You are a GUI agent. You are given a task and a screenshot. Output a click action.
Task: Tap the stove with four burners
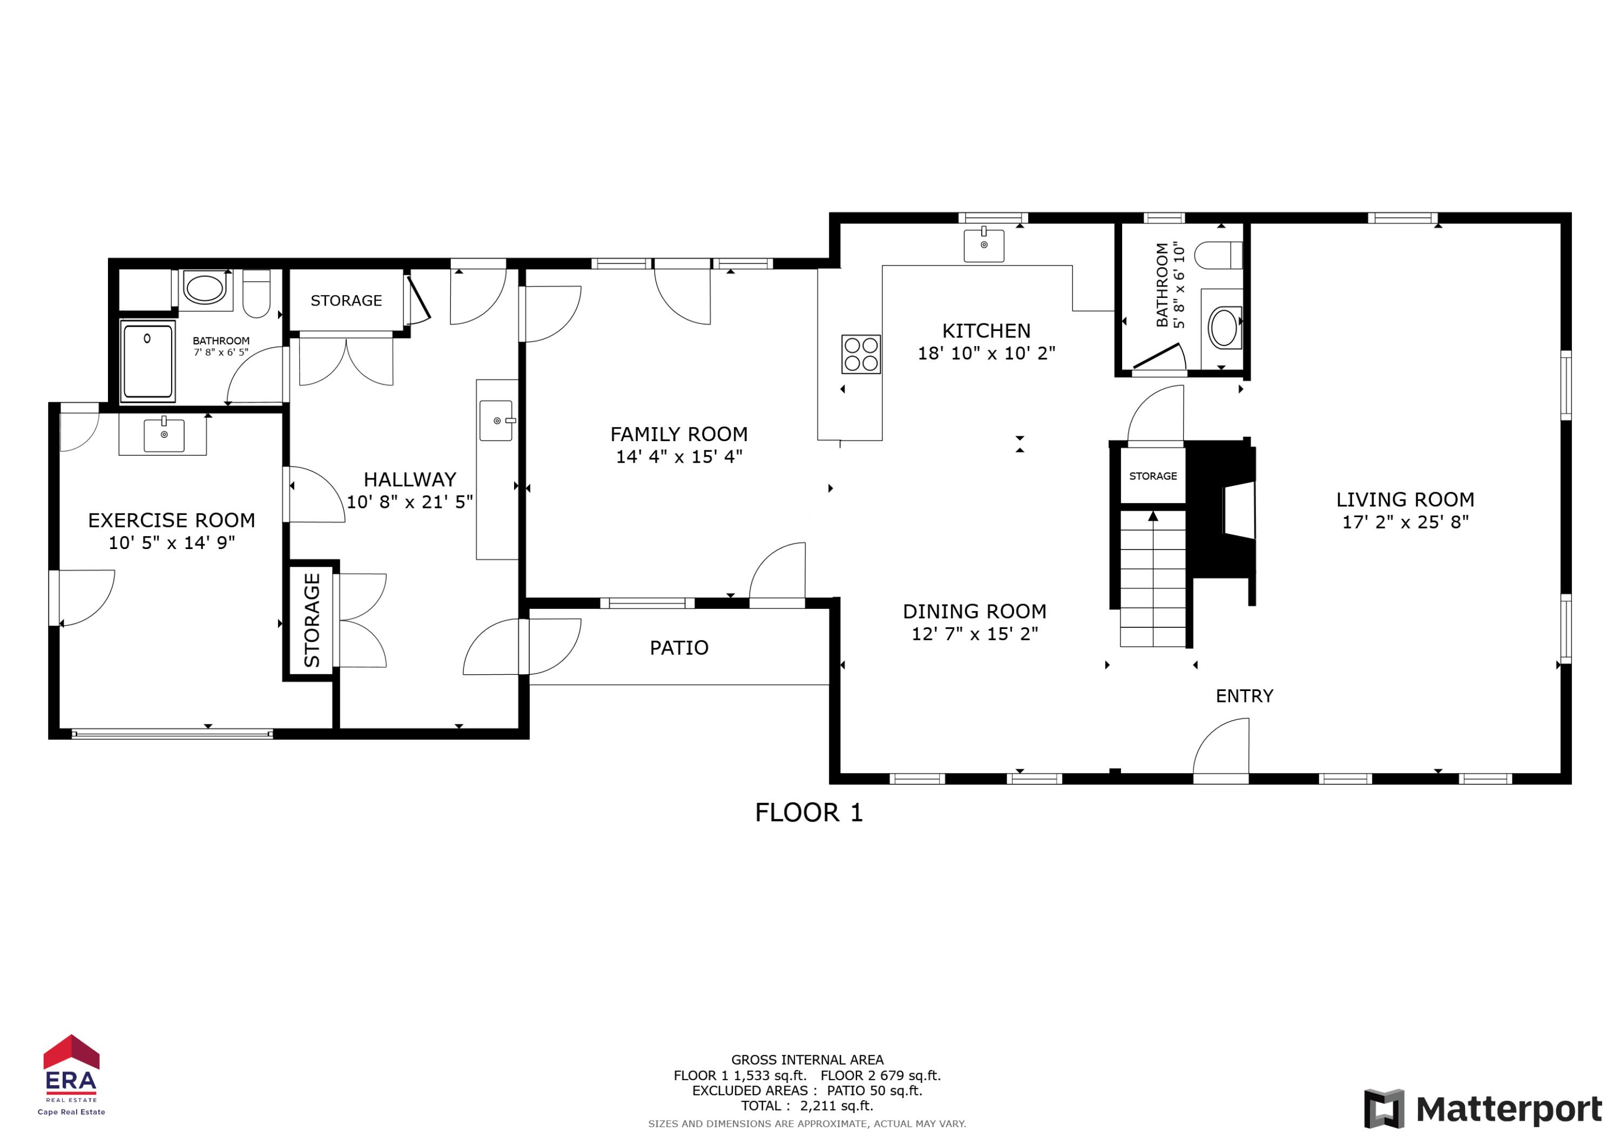tap(861, 354)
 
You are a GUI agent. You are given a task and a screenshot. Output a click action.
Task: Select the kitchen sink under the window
tap(983, 245)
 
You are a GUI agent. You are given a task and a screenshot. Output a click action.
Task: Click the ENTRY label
tap(1244, 696)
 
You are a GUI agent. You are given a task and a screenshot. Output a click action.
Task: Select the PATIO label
tap(679, 648)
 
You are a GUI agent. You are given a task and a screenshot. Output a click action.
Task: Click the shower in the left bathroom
tap(147, 361)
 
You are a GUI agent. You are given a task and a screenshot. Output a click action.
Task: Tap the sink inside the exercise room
tap(164, 435)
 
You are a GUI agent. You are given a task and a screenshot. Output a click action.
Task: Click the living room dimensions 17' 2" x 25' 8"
tap(1405, 522)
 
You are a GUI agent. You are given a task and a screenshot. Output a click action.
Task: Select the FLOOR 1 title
tap(808, 812)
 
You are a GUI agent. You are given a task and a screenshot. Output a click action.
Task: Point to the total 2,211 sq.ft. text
tap(807, 1106)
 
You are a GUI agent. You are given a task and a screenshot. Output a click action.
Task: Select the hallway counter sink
tap(497, 421)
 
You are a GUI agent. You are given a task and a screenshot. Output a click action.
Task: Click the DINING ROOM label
tap(974, 612)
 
